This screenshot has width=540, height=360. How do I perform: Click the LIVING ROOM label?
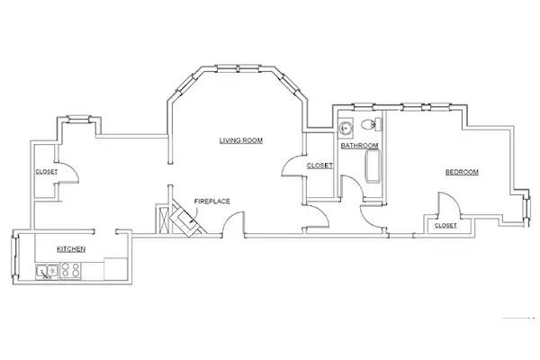point(241,140)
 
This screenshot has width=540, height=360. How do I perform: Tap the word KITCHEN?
point(71,248)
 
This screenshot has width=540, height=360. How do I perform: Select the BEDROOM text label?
point(462,172)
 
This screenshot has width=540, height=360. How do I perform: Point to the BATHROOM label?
point(359,146)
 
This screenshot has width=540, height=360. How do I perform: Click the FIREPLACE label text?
point(213,202)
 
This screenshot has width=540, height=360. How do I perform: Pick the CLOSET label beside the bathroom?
point(319,166)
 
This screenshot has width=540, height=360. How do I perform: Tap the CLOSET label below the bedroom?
point(445,226)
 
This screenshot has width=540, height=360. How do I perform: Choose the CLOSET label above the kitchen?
point(47,172)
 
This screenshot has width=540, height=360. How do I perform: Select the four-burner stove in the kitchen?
point(71,269)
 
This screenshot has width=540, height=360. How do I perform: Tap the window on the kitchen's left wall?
point(14,259)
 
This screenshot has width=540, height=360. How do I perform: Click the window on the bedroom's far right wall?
point(525,205)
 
